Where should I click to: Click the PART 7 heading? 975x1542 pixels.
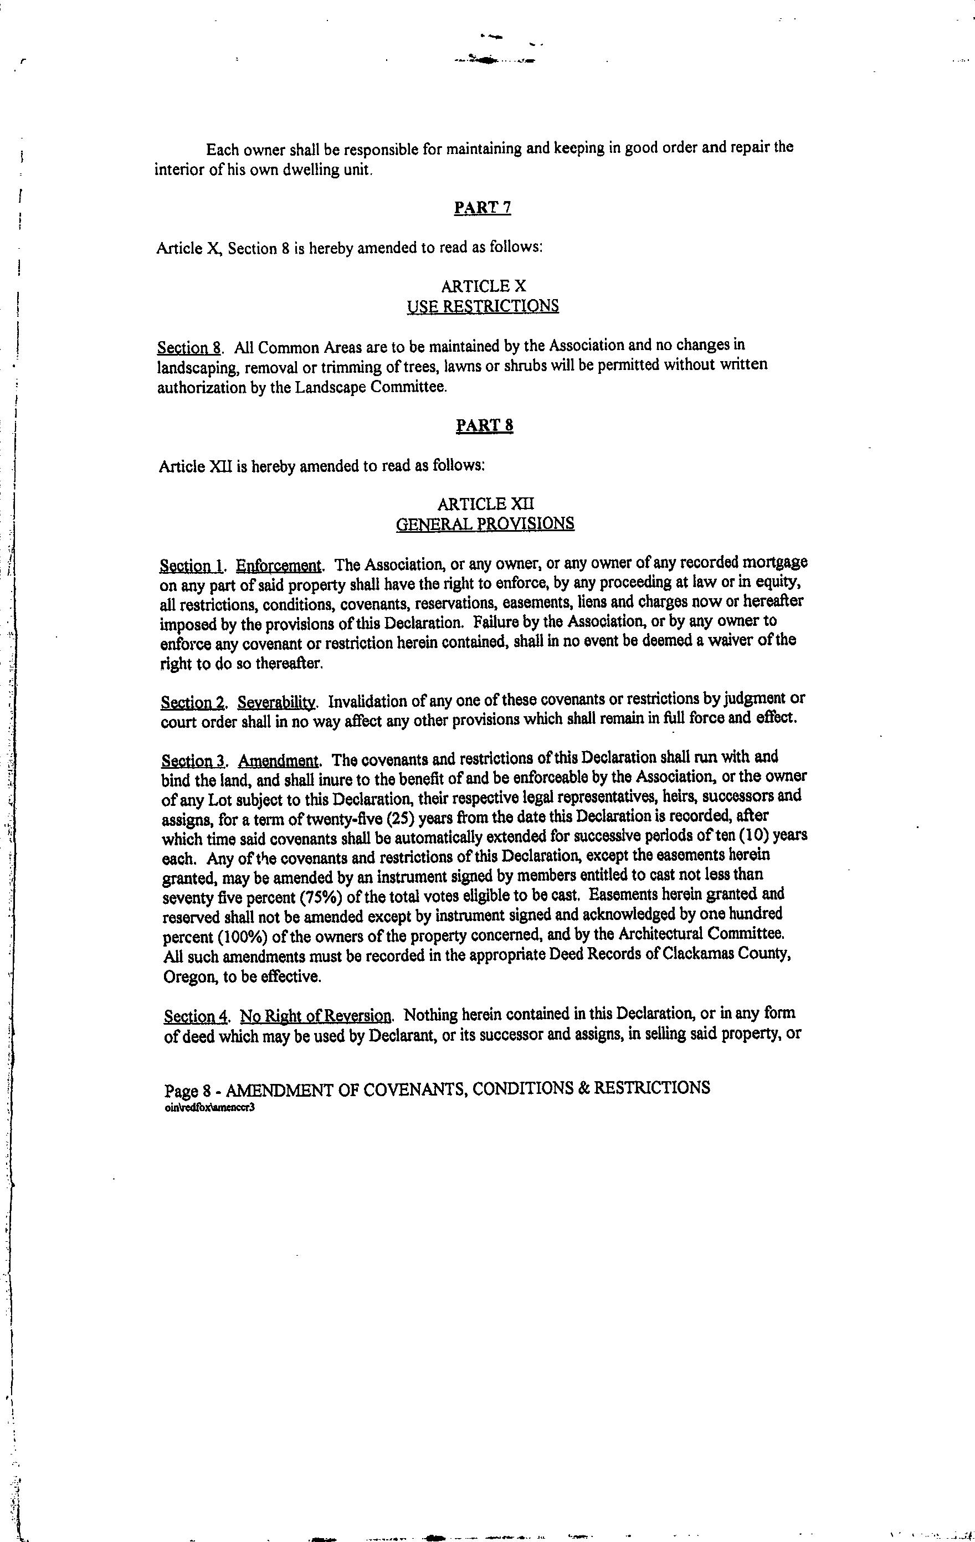coord(482,208)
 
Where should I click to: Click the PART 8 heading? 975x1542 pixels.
coord(484,426)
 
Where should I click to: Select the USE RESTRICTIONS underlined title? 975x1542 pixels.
coord(483,306)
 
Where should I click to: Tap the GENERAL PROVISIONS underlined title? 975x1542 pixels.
coord(485,524)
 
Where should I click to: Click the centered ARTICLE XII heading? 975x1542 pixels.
coord(485,504)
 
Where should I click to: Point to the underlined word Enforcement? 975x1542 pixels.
coord(279,566)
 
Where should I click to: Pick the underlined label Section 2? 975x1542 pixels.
coord(193,702)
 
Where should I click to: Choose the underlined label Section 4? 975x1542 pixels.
coord(196,1017)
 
